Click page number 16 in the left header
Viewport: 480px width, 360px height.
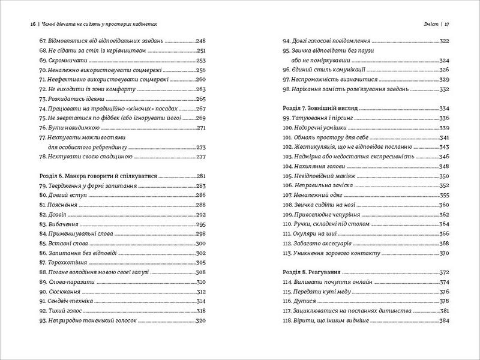click(32, 24)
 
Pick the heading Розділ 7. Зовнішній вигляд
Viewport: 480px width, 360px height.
click(319, 109)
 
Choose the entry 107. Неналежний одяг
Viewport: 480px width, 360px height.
click(311, 195)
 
